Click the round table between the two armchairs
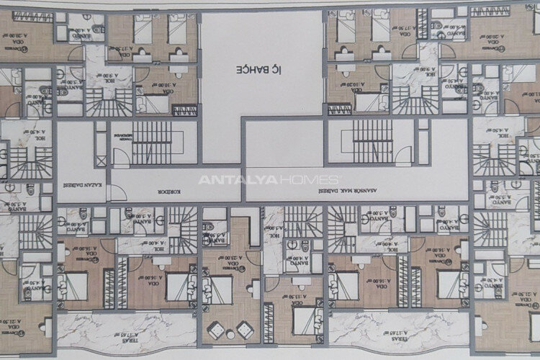click(x=228, y=333)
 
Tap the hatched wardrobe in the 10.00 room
click(x=184, y=109)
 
